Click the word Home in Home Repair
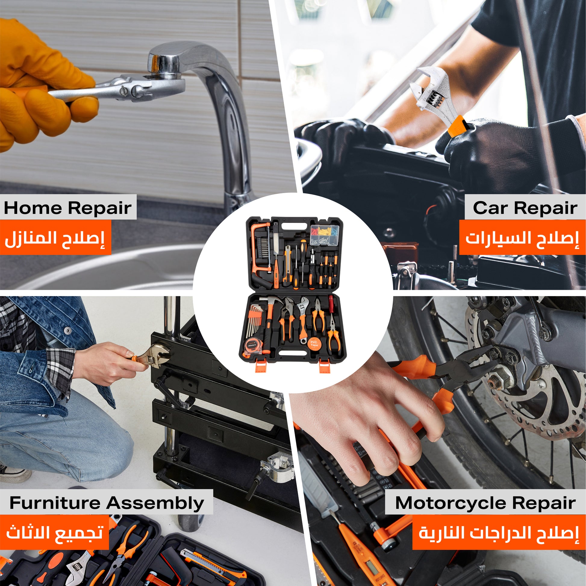33,208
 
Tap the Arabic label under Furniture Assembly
55,533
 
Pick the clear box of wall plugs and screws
324,236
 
